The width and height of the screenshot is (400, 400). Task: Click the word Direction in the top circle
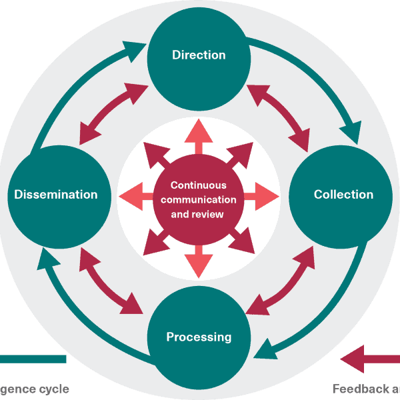[x=199, y=55]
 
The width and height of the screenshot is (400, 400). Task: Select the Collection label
[x=343, y=195]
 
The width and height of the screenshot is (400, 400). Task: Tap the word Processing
[x=199, y=337]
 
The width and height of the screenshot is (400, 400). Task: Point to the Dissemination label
[x=56, y=195]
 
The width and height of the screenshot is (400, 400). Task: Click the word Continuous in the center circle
[x=199, y=185]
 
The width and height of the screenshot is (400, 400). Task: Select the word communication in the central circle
[x=199, y=199]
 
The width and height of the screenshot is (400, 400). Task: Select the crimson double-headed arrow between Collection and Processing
[x=280, y=280]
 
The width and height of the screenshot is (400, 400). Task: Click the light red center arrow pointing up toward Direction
[x=199, y=137]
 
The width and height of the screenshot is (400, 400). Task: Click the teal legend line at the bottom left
[x=33, y=359]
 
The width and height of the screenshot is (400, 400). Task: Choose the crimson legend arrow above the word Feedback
[x=371, y=359]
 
